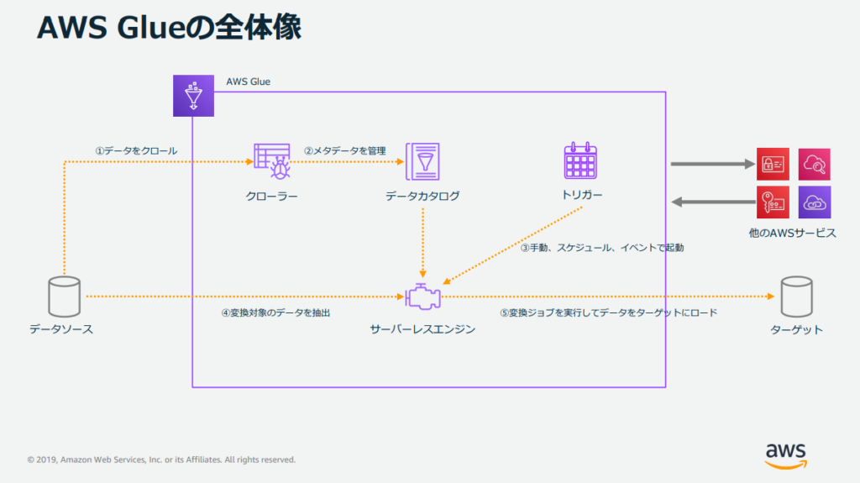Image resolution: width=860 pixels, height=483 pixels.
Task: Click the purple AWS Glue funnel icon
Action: point(194,95)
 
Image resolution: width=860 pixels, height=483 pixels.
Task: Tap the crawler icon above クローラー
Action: point(271,160)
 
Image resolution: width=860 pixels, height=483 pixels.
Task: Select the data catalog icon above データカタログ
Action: point(422,160)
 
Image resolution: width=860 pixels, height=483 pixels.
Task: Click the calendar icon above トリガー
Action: point(580,160)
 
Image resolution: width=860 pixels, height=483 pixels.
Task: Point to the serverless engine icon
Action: point(422,297)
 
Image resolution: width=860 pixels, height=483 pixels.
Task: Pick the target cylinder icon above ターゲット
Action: point(796,296)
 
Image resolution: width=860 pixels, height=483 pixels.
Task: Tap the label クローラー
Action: point(271,197)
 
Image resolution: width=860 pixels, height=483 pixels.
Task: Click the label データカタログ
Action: point(422,197)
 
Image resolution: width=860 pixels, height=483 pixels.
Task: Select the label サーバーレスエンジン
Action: point(422,329)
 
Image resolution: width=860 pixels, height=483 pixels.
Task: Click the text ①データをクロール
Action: point(136,151)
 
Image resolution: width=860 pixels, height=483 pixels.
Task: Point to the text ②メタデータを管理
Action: point(344,151)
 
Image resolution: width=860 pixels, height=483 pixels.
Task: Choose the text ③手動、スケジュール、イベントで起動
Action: point(602,248)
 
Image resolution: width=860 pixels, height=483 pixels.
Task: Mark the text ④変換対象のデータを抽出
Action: point(275,312)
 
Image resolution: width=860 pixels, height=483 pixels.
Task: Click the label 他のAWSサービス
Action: point(792,232)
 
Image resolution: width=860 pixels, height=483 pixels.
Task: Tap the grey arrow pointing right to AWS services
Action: point(713,164)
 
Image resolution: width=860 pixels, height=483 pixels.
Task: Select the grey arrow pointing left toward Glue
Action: point(713,202)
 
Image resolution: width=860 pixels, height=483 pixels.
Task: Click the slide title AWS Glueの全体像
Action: point(169,27)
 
